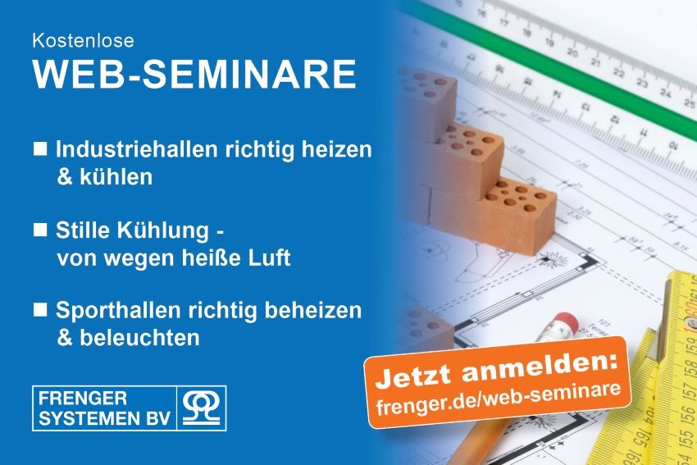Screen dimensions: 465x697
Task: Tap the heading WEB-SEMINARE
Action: coord(195,74)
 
